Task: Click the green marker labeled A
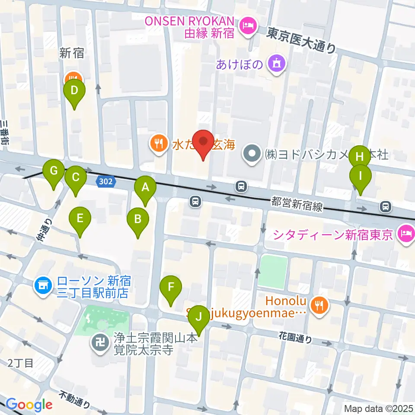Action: point(145,187)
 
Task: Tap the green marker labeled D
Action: point(74,91)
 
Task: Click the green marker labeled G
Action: point(54,170)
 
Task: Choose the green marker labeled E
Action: point(80,218)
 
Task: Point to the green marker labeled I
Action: point(360,176)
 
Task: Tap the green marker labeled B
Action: point(138,219)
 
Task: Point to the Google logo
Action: point(29,405)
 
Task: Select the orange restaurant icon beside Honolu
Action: point(320,305)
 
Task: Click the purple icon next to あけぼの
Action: point(275,65)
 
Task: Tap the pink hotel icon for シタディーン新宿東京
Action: point(405,235)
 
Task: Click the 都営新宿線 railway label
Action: point(297,204)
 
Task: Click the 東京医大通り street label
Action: point(301,40)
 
